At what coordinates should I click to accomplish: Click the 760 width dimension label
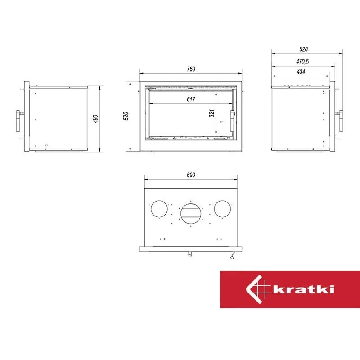(191, 69)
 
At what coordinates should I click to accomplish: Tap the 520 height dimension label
(126, 116)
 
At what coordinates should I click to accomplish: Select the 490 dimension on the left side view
(95, 118)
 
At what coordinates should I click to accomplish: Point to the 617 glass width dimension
(191, 99)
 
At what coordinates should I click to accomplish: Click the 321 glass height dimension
(211, 113)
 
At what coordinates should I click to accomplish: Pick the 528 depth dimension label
(303, 49)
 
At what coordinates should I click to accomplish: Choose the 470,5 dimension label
(302, 62)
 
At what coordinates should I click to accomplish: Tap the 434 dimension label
(301, 72)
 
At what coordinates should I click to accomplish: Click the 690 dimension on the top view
(191, 175)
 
